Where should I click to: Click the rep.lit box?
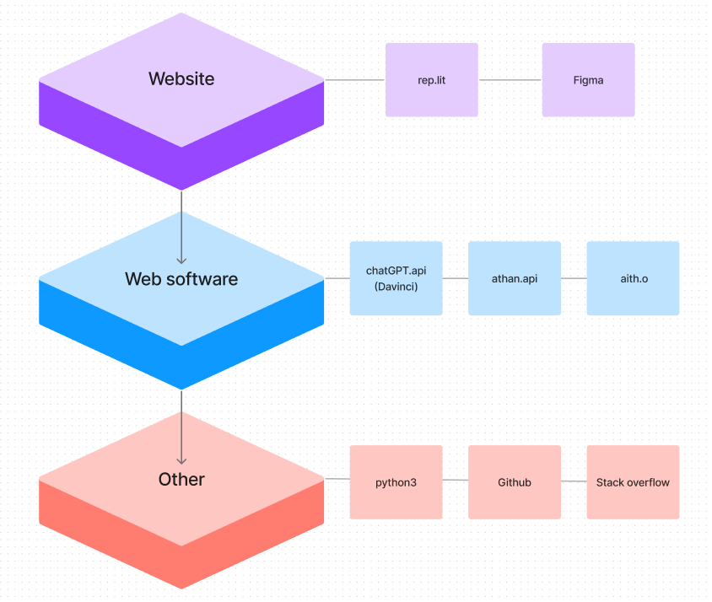point(431,80)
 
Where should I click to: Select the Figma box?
point(588,80)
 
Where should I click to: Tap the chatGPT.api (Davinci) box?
point(396,278)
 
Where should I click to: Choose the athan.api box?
point(514,278)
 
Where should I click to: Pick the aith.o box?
point(633,278)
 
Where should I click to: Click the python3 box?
point(396,482)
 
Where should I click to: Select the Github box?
point(514,482)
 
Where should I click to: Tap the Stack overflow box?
point(633,482)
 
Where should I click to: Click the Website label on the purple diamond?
point(181,79)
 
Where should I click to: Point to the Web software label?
point(181,279)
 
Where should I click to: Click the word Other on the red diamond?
point(181,480)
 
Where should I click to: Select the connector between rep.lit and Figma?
point(510,80)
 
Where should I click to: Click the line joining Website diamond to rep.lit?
point(354,80)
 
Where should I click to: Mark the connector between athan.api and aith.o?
point(574,278)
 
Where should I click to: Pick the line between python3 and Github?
point(455,481)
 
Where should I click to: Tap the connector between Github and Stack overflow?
point(574,481)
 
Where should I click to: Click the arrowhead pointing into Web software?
point(181,260)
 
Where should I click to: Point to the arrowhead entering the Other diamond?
point(181,460)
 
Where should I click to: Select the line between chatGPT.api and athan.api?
point(455,278)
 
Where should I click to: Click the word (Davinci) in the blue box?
point(396,287)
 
